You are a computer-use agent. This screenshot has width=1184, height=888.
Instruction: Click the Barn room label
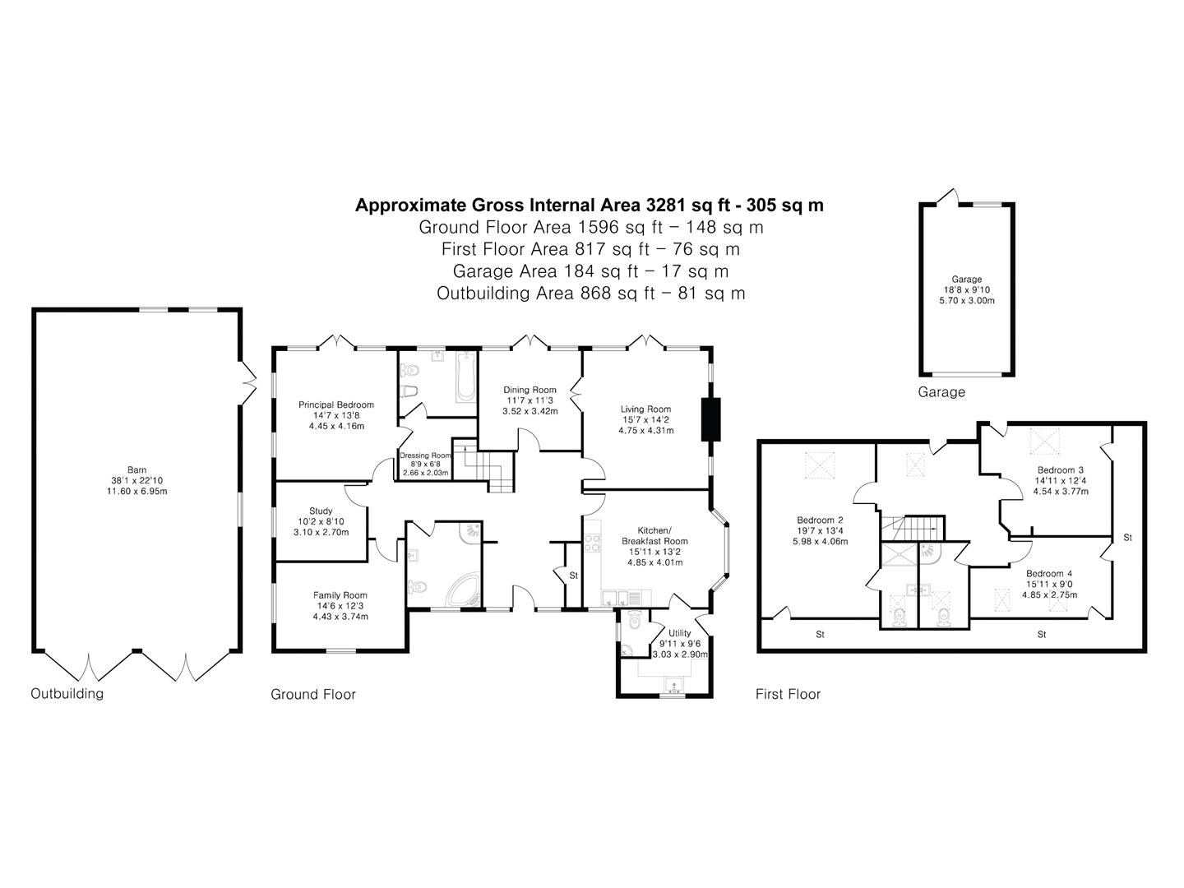[x=136, y=470]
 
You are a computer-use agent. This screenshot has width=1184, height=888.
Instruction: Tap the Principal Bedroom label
[x=335, y=405]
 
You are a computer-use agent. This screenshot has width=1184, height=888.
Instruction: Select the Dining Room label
[x=530, y=390]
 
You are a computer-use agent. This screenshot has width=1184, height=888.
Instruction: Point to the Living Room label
[x=645, y=409]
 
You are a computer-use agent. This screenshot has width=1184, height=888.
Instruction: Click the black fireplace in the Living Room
[x=710, y=419]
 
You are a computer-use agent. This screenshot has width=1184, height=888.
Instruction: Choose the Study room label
[x=321, y=511]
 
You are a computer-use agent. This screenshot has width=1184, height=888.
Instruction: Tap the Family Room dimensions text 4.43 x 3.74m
[x=340, y=617]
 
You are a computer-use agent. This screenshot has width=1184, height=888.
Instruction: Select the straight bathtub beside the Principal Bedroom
[x=465, y=377]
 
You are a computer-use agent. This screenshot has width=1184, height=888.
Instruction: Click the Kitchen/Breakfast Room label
[x=655, y=535]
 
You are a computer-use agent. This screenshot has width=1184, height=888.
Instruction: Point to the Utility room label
[x=679, y=633]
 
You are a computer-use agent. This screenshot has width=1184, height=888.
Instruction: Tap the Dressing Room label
[x=425, y=455]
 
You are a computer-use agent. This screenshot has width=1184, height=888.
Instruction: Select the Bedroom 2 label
[x=820, y=520]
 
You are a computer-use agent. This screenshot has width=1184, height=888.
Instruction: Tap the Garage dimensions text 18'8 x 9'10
[x=967, y=289]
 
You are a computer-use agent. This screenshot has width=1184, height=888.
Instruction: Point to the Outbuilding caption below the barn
[x=67, y=693]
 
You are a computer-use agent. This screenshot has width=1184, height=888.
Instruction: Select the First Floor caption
[x=788, y=694]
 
